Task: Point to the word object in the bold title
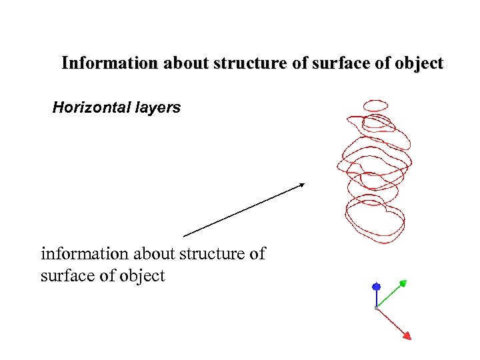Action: (x=419, y=64)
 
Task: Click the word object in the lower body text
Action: (x=142, y=276)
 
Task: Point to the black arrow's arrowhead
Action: (x=302, y=185)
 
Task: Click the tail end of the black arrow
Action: (x=184, y=236)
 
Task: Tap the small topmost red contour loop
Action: (x=375, y=105)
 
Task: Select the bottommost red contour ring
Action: (x=375, y=220)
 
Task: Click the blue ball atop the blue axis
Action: (x=376, y=287)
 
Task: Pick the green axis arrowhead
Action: (x=405, y=283)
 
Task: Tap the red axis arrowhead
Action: (x=407, y=335)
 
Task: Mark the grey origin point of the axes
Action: (x=377, y=307)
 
